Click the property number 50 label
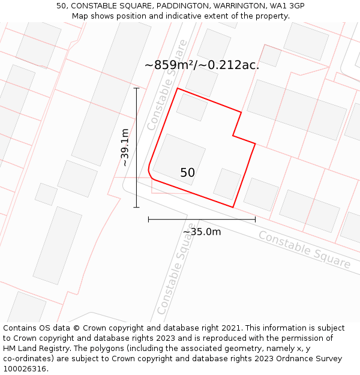(187, 173)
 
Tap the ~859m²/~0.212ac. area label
(202, 65)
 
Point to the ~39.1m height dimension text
(124, 148)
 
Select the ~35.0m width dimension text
(202, 232)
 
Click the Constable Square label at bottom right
(304, 248)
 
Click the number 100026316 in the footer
(25, 369)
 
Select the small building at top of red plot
(192, 107)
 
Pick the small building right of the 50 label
(227, 184)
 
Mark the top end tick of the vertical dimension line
(136, 88)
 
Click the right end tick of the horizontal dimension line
(255, 220)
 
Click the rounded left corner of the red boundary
(149, 173)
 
